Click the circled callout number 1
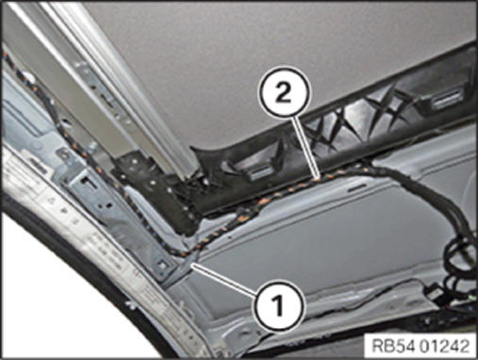(x=279, y=305)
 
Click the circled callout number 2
(x=284, y=91)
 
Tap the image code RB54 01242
(x=420, y=346)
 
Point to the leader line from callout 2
(x=306, y=148)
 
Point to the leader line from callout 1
(x=225, y=279)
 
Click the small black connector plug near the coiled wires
(x=433, y=290)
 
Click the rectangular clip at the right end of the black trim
(x=447, y=100)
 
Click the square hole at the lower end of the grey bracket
(x=162, y=265)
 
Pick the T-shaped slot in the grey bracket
(x=86, y=181)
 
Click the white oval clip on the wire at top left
(x=30, y=76)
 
